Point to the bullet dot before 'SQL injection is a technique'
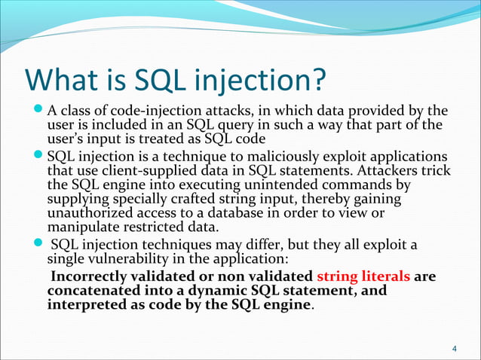38,157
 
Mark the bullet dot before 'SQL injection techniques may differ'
38,245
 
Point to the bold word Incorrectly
93,276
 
